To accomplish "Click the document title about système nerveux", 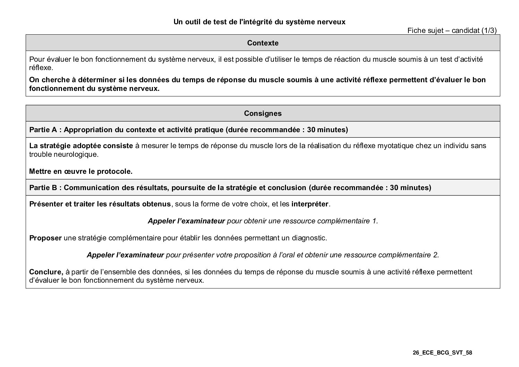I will (259, 22).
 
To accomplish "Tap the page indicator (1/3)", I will (489, 31).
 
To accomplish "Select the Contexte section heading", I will (263, 43).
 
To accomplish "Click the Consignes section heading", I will (263, 113).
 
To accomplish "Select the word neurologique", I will (76, 154).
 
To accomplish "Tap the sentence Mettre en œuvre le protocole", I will (81, 171).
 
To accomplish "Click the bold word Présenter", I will (46, 204).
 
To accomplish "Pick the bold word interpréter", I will (310, 204).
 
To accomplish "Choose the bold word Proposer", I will (45, 238).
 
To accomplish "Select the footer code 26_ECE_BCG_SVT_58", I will (442, 353).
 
